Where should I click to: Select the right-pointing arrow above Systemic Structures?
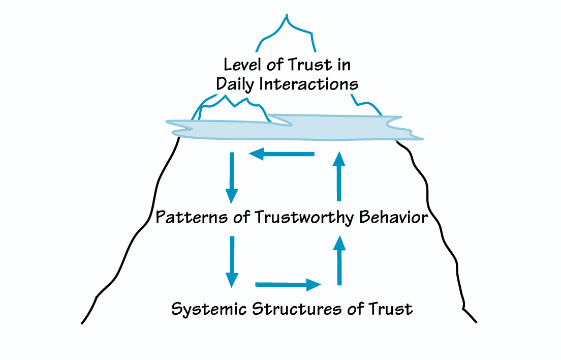tap(289, 285)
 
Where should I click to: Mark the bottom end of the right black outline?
tap(477, 322)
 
